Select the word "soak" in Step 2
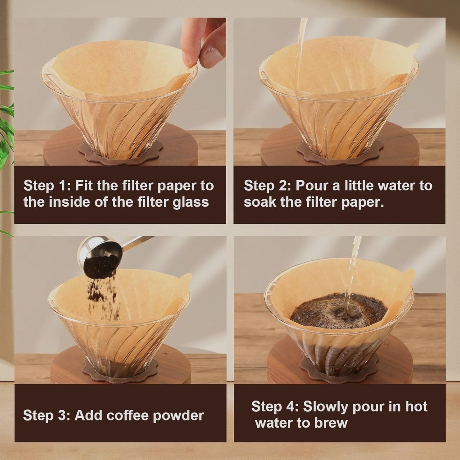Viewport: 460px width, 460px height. coord(260,202)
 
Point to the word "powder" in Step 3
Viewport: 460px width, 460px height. coord(178,416)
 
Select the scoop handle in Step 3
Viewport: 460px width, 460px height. coord(137,241)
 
